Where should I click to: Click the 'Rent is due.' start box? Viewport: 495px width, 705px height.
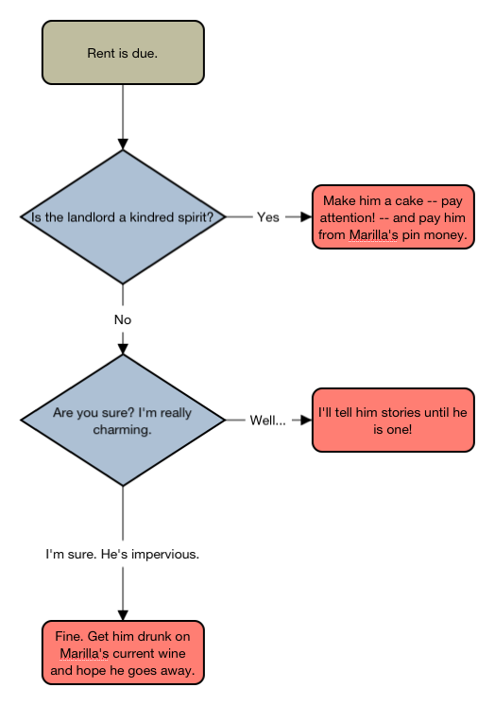[x=123, y=52]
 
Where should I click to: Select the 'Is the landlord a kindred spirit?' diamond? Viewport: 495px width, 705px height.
[x=123, y=216]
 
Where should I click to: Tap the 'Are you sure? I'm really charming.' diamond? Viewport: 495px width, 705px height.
[x=123, y=420]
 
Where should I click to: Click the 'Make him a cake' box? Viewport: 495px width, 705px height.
[x=393, y=216]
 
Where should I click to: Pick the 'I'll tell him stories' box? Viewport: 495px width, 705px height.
[x=393, y=420]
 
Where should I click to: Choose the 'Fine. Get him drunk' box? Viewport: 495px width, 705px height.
[x=123, y=653]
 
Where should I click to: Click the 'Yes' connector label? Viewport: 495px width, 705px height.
[x=268, y=217]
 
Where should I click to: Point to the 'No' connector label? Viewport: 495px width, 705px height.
[x=123, y=319]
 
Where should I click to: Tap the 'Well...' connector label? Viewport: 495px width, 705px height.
[x=267, y=421]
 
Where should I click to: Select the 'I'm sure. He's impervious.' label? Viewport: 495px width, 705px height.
[x=122, y=554]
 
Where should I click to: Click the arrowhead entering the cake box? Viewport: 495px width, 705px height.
[x=307, y=216]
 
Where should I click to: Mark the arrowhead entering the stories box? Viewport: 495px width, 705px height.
[x=307, y=420]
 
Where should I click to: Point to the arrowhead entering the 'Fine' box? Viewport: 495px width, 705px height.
[x=123, y=615]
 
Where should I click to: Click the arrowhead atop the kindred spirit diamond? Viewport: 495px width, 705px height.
[x=123, y=145]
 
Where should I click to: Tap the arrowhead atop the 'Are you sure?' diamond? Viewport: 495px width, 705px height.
[x=123, y=350]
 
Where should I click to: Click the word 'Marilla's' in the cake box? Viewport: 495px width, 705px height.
[x=373, y=234]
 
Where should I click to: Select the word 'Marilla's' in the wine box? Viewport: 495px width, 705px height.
[x=84, y=653]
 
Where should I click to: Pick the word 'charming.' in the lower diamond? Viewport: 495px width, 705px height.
[x=122, y=430]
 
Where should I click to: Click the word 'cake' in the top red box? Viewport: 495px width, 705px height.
[x=409, y=200]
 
